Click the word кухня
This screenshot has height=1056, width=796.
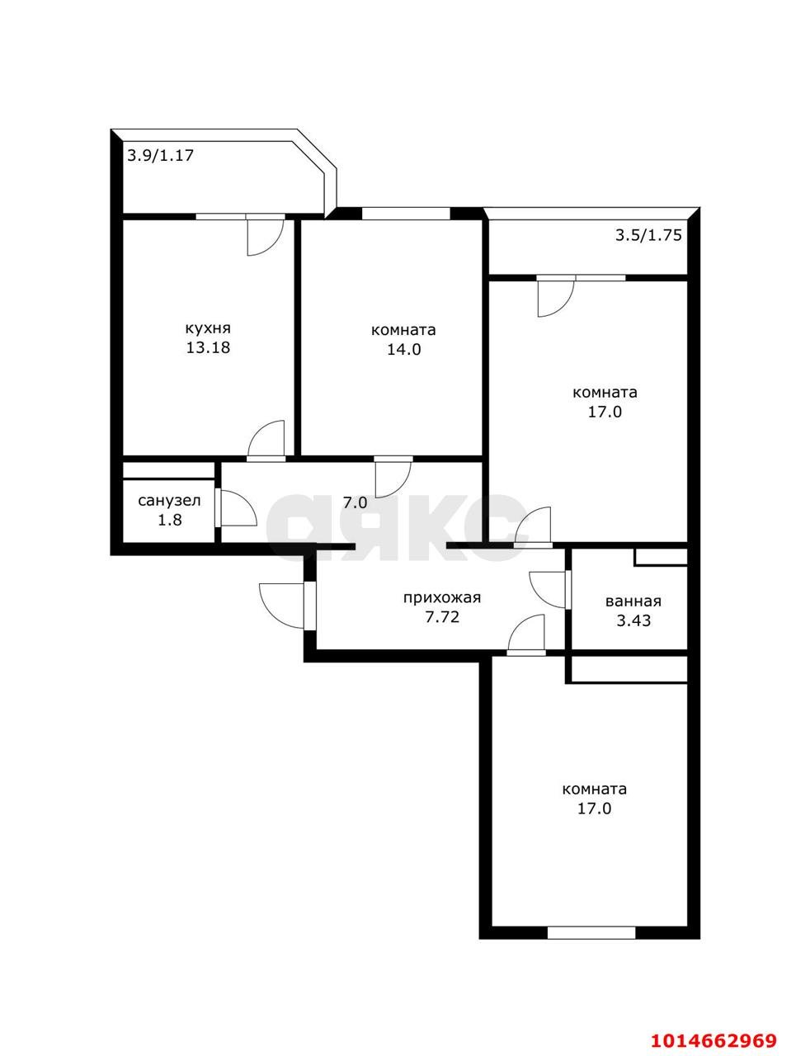coord(207,327)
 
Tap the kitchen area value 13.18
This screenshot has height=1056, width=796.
coord(207,347)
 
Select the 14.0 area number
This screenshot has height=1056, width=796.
coord(404,349)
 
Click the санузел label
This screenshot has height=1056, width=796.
coord(169,501)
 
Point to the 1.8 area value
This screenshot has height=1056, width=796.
coord(169,521)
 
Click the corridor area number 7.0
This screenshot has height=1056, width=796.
coord(356,502)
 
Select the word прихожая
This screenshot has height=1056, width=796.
coord(441,598)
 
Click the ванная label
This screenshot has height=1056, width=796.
coord(633,601)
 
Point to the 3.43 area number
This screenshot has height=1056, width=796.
coord(633,620)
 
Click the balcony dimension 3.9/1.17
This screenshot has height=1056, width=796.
coord(160,154)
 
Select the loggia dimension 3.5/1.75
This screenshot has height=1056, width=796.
coord(648,235)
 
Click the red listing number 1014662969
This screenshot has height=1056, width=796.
coord(714,1039)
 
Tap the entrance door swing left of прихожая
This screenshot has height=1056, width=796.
coord(283,606)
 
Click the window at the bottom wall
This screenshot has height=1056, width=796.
coord(591,933)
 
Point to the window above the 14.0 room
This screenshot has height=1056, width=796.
coord(406,214)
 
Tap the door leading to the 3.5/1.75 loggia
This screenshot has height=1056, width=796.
coord(554,297)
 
